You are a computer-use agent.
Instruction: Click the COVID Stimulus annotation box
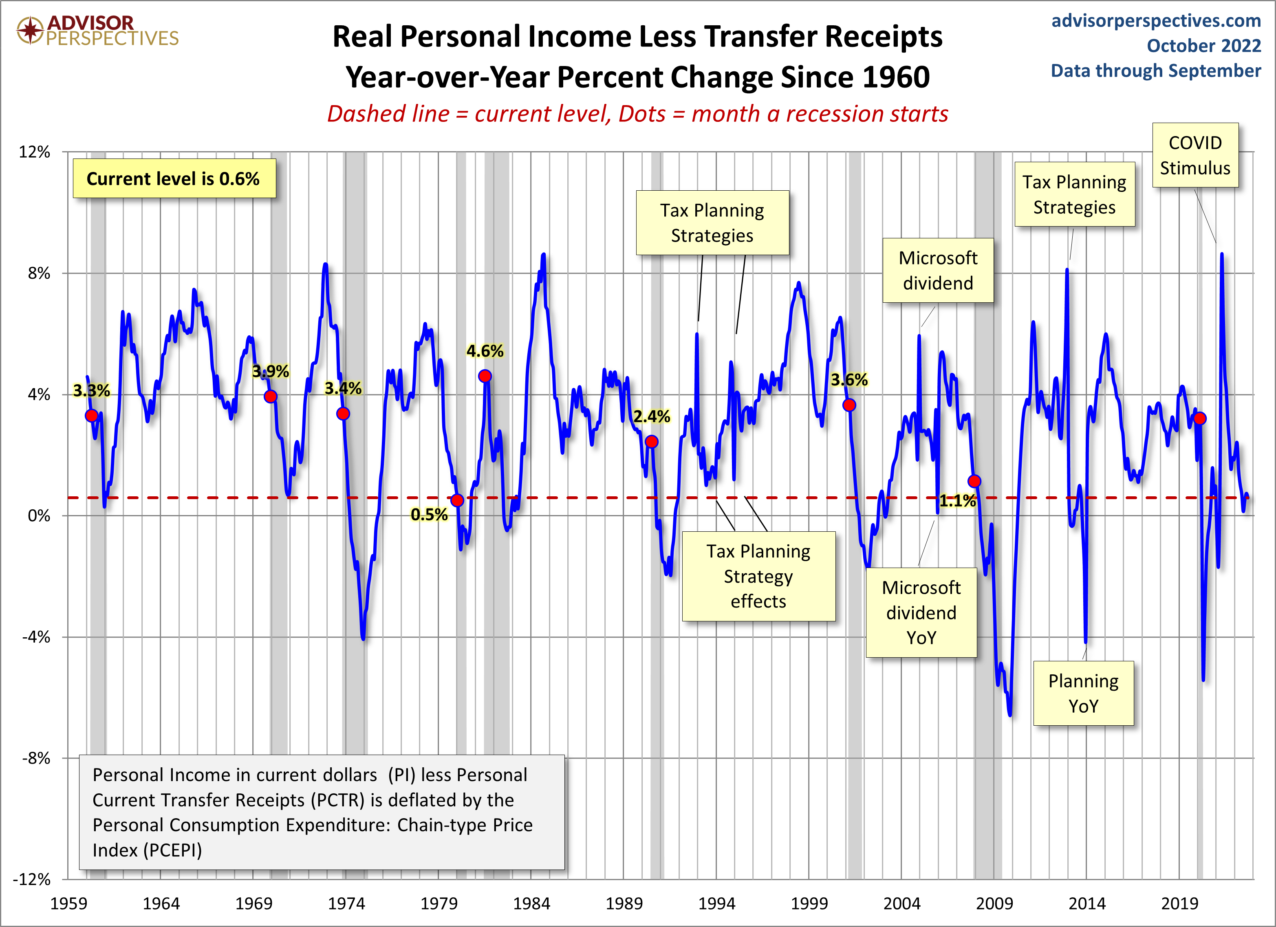pos(1195,155)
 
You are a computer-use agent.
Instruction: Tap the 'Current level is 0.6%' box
pos(174,179)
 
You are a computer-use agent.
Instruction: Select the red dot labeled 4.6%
pos(485,376)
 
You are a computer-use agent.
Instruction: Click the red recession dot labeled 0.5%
pos(457,500)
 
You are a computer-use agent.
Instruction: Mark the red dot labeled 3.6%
pos(849,405)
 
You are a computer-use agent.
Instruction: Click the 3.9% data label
pos(271,371)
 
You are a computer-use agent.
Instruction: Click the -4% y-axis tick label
pos(36,637)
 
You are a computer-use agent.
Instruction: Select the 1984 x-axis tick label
pos(531,903)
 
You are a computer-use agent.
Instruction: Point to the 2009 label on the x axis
pos(994,903)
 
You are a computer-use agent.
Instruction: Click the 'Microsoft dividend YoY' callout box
pos(921,612)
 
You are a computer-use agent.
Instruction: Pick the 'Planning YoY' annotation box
pos(1083,693)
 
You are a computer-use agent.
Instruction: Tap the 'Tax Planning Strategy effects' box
pos(758,576)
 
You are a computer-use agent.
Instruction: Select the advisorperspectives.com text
pos(1156,20)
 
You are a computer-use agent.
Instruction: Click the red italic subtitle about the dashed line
pos(637,114)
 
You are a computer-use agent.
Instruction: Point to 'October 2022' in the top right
pos(1203,46)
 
